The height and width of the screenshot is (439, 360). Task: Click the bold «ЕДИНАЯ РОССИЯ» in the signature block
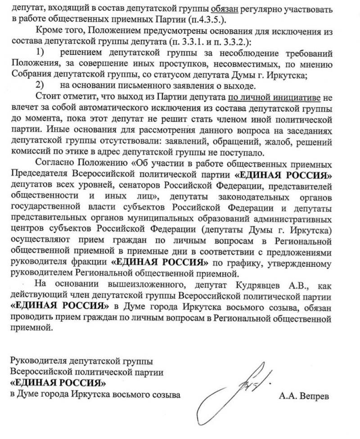58,384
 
